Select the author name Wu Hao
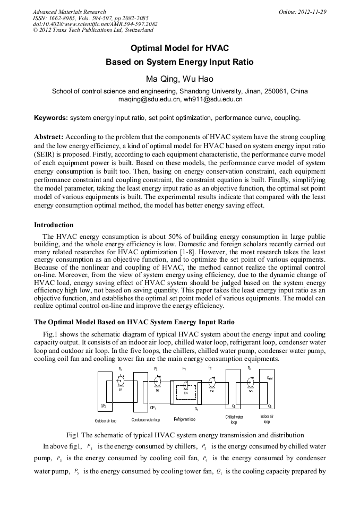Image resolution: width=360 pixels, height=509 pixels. [198, 79]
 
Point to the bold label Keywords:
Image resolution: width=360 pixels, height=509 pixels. [51, 117]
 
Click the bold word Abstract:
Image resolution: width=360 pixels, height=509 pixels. [49, 136]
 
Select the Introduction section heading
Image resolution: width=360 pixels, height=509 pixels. [54, 225]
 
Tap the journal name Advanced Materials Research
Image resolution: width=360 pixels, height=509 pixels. [69, 12]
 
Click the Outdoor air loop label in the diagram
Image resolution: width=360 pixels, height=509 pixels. [106, 421]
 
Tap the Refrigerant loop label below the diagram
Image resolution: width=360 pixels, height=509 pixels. [185, 420]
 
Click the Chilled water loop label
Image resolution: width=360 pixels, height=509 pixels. [234, 420]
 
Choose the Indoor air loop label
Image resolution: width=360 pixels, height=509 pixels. [267, 420]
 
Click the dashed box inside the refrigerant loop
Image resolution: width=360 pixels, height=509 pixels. [186, 392]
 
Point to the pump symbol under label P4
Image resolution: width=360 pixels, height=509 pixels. [158, 381]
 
